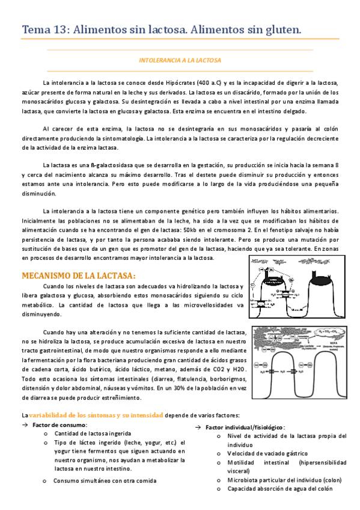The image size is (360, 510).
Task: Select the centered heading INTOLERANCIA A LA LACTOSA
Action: [x=180, y=61]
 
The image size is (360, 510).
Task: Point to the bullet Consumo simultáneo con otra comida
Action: [x=105, y=481]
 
